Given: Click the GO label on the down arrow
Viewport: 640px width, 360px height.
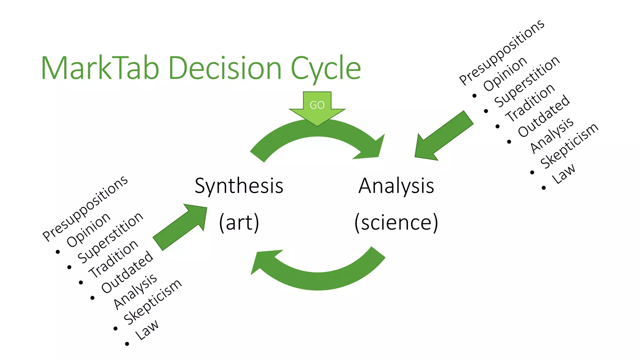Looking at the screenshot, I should [317, 105].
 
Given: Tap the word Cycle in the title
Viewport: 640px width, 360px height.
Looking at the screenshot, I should [326, 69].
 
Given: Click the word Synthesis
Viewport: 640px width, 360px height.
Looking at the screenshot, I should [239, 186].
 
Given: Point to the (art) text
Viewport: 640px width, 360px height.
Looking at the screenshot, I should [239, 222].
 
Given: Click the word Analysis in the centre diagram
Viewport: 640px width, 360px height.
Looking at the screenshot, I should [396, 186].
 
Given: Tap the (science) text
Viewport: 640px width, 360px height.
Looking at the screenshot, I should [396, 222].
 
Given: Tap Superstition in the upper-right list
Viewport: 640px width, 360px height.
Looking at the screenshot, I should [527, 82].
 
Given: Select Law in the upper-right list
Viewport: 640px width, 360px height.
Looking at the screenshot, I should [563, 174].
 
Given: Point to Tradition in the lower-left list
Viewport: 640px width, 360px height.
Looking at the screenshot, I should [113, 258].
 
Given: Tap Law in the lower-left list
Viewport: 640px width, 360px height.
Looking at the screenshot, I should [147, 329].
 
